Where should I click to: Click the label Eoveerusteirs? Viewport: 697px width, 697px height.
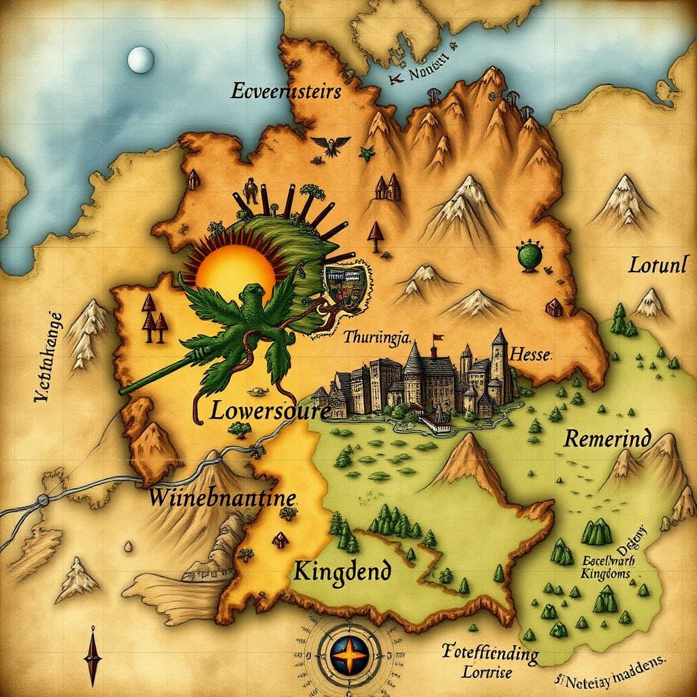[285, 91]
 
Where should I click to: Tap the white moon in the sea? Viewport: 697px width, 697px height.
[140, 60]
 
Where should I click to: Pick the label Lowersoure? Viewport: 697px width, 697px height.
[270, 410]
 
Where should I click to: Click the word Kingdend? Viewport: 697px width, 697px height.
[342, 570]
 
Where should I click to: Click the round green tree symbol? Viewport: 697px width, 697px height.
[530, 255]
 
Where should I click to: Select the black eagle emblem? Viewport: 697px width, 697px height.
[331, 145]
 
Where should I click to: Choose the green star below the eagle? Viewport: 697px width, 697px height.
[367, 154]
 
